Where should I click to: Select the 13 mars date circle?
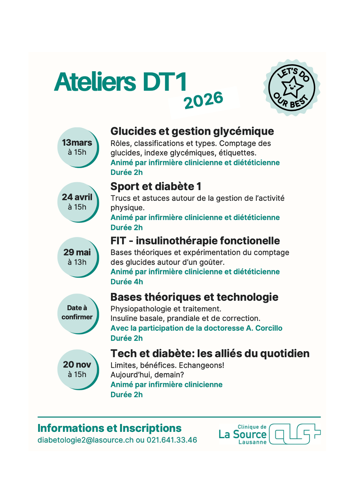pos(77,147)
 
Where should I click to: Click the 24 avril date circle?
pos(77,202)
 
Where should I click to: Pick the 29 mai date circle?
pos(77,257)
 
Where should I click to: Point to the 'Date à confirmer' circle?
pos(77,313)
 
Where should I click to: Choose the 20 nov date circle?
pos(77,369)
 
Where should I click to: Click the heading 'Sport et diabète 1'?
pos(156,186)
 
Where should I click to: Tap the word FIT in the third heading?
pos(119,241)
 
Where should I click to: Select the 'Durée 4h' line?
pos(127,282)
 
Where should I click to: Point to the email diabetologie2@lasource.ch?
pos(85,440)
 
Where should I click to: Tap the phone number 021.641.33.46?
pos(172,440)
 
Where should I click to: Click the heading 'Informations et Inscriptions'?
pos(109,428)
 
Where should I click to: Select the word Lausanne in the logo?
pos(252,442)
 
